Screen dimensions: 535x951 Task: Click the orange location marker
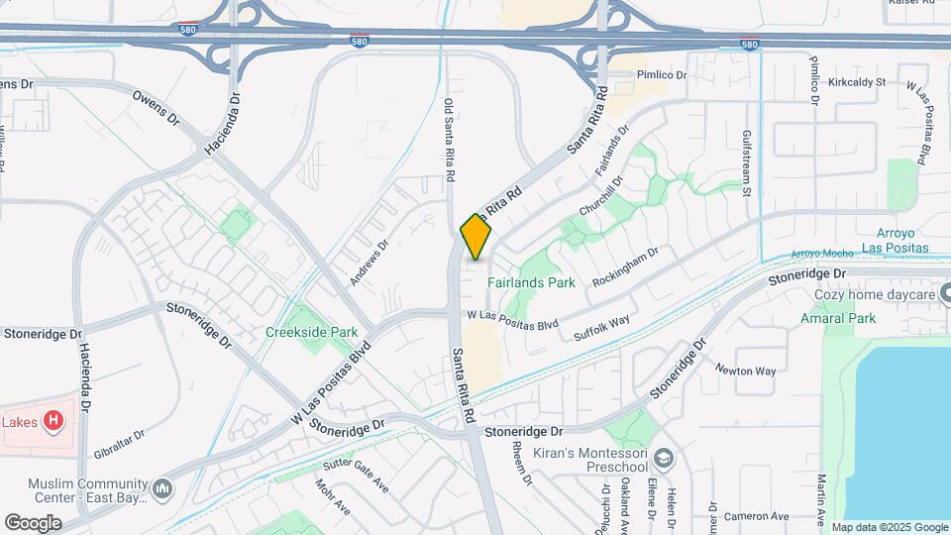point(475,237)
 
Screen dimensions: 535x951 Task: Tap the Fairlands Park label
point(531,282)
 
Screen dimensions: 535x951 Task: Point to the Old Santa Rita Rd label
point(450,139)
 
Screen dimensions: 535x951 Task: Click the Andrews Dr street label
point(368,262)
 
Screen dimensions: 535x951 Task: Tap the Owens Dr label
point(157,111)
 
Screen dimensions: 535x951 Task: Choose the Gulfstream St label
point(748,162)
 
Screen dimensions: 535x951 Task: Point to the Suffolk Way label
point(603,328)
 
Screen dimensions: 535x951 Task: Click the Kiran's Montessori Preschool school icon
point(663,459)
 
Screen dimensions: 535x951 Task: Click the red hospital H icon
point(54,421)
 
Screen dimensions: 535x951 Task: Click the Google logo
point(33,523)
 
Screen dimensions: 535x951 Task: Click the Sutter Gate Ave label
point(353,477)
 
